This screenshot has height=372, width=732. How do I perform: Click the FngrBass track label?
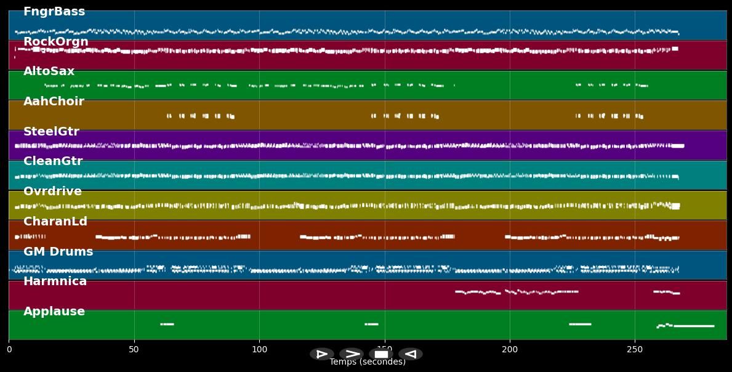(54, 12)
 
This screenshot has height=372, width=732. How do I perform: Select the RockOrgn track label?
(55, 42)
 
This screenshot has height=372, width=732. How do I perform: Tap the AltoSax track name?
(49, 71)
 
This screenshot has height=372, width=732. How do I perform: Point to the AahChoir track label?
(54, 102)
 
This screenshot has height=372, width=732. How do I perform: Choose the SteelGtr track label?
(51, 132)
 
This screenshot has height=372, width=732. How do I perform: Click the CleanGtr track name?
(52, 161)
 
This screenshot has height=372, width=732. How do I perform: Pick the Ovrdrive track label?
(52, 192)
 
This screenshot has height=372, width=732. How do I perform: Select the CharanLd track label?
(55, 222)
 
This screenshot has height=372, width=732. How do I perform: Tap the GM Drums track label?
(58, 252)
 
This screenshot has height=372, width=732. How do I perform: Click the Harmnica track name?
(55, 281)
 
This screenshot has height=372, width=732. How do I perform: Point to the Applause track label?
(54, 312)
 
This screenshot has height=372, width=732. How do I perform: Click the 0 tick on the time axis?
(9, 350)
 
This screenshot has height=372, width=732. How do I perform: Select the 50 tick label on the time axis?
(134, 350)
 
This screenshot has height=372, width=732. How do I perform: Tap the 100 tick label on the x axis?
(259, 350)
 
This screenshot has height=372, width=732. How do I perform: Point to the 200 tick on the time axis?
(510, 350)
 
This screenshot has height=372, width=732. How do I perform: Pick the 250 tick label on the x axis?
(635, 350)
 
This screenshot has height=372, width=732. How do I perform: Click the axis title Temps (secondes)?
(368, 362)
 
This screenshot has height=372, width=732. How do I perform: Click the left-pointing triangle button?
(411, 354)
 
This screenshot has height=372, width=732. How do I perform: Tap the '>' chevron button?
(352, 354)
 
